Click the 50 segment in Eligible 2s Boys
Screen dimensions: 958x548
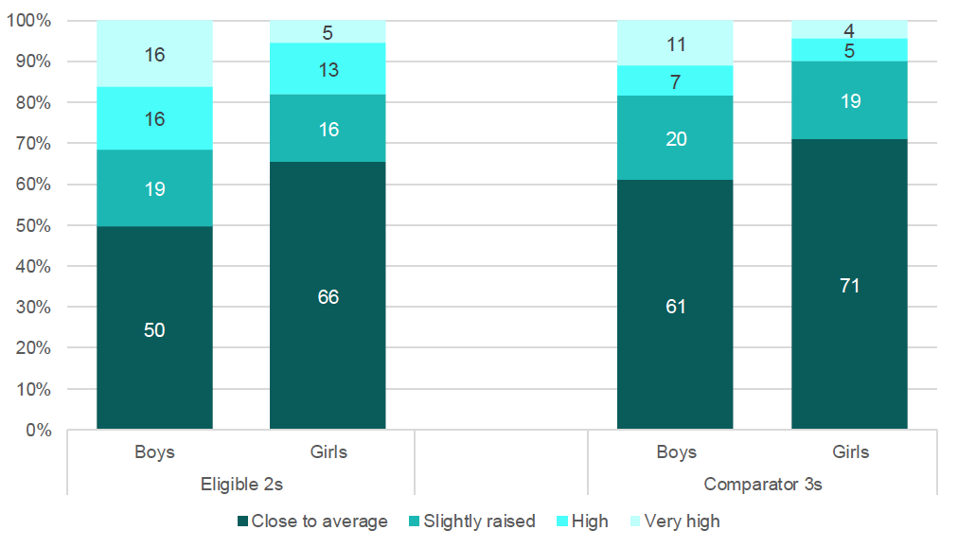(x=154, y=327)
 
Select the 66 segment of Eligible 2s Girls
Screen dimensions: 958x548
(x=328, y=295)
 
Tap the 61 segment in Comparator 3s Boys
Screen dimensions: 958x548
(x=675, y=304)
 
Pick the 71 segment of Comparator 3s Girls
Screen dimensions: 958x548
(x=849, y=284)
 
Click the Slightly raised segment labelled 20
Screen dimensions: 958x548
(x=675, y=137)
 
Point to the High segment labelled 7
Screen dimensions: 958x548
(x=675, y=80)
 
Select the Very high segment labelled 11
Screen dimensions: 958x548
(x=675, y=43)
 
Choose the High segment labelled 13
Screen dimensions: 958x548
(x=328, y=68)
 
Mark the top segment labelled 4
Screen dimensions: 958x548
(x=849, y=29)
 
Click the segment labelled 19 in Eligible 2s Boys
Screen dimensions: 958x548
(x=154, y=188)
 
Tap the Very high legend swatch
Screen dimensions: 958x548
(x=635, y=521)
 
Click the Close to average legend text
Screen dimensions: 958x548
(x=320, y=521)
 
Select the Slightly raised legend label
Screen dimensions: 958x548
(x=480, y=521)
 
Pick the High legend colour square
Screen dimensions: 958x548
(x=562, y=521)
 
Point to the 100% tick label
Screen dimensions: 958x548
(x=28, y=20)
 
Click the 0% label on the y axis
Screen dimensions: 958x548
(x=39, y=430)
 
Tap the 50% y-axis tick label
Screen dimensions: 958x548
(x=33, y=225)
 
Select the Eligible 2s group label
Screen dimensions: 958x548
(x=242, y=484)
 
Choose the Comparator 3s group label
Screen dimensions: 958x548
(x=763, y=484)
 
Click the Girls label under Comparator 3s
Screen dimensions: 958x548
(x=850, y=451)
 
